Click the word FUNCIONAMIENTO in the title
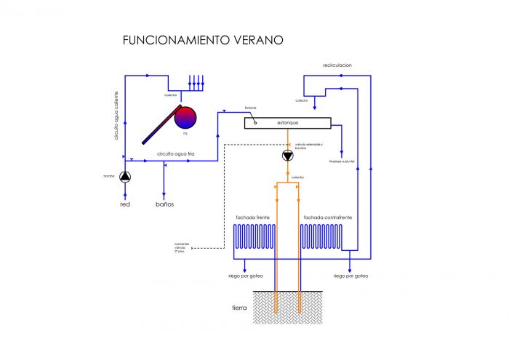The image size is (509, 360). (174, 40)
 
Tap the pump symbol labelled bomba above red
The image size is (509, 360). (125, 177)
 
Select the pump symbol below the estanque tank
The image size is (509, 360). (288, 156)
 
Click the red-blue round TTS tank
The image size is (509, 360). (186, 117)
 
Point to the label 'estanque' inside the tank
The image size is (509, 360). (287, 123)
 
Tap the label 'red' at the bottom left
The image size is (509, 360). (125, 204)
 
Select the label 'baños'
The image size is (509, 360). (165, 204)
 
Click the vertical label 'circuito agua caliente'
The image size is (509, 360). (116, 116)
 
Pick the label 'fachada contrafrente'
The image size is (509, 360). (328, 217)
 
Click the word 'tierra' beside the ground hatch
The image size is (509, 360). (239, 308)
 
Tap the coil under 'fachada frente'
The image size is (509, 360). (252, 237)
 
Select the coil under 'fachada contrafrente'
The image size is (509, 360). (321, 237)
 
